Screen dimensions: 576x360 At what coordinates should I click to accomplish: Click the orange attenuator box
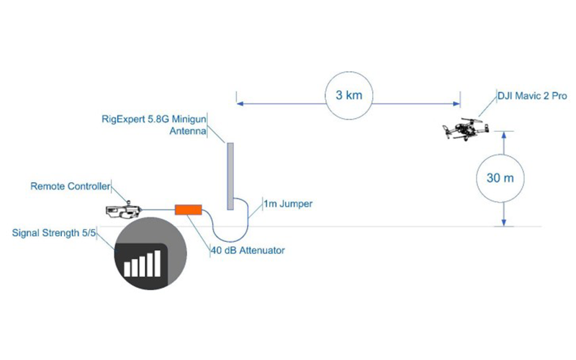tap(188, 210)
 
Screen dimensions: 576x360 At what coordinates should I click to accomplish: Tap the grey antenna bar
tap(230, 176)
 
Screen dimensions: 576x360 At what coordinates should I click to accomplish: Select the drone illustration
tap(466, 129)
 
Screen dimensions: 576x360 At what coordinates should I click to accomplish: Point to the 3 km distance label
tap(349, 95)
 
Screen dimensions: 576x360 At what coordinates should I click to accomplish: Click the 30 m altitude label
tap(500, 178)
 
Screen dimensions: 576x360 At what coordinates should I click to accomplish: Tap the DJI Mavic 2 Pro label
tap(532, 96)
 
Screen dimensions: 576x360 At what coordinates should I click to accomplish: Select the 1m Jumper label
tap(289, 204)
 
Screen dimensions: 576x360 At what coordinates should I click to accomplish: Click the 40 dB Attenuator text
tap(248, 251)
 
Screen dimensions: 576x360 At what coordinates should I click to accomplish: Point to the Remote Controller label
tap(70, 186)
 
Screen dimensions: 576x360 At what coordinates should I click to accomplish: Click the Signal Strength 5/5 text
tap(53, 233)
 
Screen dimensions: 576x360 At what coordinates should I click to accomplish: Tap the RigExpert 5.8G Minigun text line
tap(154, 120)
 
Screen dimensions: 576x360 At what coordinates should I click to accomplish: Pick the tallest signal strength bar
tap(157, 263)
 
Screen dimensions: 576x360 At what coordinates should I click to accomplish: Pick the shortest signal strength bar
tap(127, 269)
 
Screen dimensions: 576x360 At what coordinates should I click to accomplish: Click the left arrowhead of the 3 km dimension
tap(240, 104)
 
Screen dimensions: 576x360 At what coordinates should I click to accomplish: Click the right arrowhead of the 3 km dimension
tap(456, 104)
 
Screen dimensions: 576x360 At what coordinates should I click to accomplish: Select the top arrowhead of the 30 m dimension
tap(504, 135)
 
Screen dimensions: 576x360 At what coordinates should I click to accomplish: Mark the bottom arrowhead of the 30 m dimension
tap(504, 222)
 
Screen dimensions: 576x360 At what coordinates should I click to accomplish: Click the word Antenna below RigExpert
tap(188, 131)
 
